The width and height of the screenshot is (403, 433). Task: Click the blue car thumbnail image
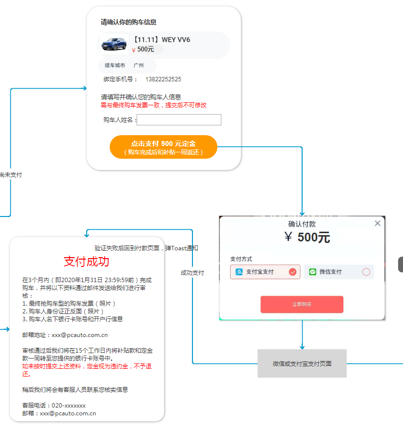(114, 45)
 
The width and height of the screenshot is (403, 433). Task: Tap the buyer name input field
(179, 120)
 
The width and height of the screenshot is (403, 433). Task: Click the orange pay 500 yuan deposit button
(163, 147)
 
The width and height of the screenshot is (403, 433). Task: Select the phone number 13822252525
(163, 79)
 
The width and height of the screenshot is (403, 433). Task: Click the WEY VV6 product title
(162, 40)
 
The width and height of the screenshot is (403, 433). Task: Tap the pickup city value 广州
(139, 66)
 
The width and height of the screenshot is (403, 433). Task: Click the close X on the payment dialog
(377, 223)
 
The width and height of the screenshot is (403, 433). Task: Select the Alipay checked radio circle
(293, 272)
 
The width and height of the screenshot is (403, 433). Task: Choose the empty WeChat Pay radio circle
(366, 272)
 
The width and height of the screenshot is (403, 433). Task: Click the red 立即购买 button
(302, 304)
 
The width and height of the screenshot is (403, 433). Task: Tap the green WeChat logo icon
(312, 272)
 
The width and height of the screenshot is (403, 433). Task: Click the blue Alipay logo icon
(239, 272)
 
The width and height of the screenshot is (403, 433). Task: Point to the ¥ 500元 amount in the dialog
(307, 238)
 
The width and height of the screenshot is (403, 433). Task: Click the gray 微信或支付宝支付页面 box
(302, 363)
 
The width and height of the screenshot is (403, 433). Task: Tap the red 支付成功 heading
(87, 262)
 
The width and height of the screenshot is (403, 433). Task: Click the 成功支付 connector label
(192, 273)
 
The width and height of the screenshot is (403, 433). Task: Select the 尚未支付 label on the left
(10, 175)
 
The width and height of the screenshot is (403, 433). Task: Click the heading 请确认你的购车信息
(129, 22)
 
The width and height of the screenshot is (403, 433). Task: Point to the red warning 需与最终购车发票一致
(153, 105)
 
